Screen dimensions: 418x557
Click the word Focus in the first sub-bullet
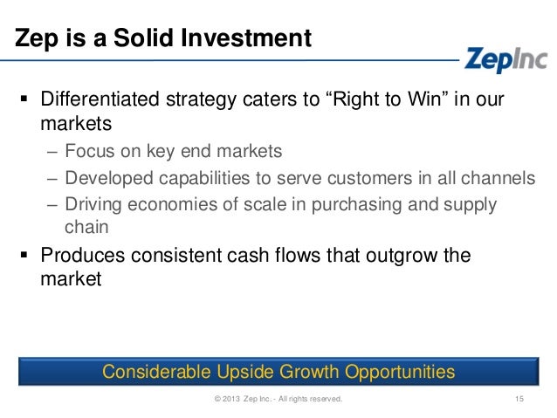click(91, 152)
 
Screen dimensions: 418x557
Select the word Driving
click(94, 204)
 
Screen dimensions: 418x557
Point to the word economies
click(176, 204)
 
